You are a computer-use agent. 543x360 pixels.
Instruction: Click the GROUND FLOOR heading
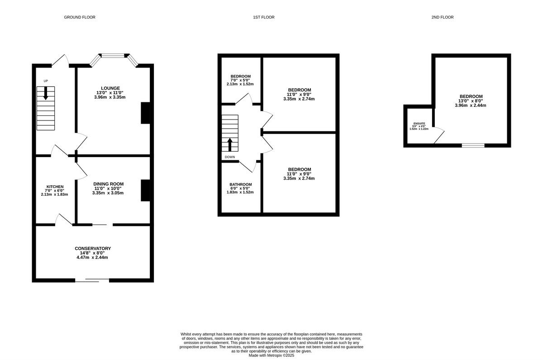[x=80, y=17]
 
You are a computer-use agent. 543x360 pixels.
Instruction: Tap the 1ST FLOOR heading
[x=264, y=17]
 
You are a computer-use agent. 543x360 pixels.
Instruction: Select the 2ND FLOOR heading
[x=443, y=17]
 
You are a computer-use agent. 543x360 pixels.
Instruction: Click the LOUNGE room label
[x=110, y=88]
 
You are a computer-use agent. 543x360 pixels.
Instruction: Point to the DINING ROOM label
[x=109, y=184]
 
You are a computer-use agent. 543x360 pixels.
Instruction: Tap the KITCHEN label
[x=55, y=187]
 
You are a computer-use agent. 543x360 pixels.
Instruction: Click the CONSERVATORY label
[x=93, y=249]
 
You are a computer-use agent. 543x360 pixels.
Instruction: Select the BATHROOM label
[x=240, y=185]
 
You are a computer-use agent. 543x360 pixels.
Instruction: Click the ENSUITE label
[x=419, y=123]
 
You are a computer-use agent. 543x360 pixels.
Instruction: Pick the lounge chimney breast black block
[x=145, y=113]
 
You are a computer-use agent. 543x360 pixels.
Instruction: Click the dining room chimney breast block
[x=145, y=191]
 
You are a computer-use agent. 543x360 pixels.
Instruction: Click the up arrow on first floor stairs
[x=230, y=144]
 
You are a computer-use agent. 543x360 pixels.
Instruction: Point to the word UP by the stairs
[x=46, y=81]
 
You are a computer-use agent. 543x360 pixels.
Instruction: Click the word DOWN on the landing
[x=230, y=157]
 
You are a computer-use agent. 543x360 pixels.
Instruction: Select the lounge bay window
[x=113, y=56]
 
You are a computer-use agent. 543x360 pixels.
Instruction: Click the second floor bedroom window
[x=473, y=145]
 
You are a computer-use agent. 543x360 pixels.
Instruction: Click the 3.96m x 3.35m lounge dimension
[x=110, y=97]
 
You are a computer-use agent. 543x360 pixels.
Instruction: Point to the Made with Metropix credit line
[x=271, y=355]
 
